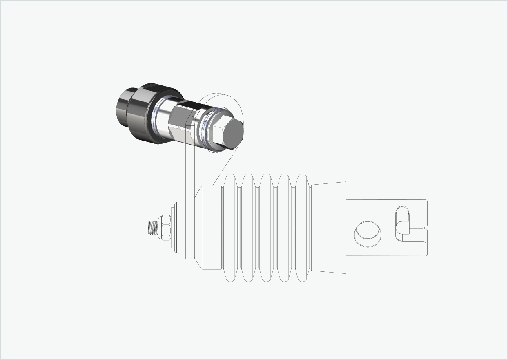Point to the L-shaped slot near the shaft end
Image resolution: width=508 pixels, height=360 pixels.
click(x=403, y=225)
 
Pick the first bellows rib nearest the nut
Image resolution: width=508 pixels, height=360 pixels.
click(x=231, y=228)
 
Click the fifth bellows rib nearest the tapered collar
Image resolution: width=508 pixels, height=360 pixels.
click(x=302, y=228)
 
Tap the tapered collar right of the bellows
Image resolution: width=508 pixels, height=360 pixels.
click(x=329, y=228)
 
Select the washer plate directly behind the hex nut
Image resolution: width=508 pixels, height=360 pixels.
click(x=173, y=228)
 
